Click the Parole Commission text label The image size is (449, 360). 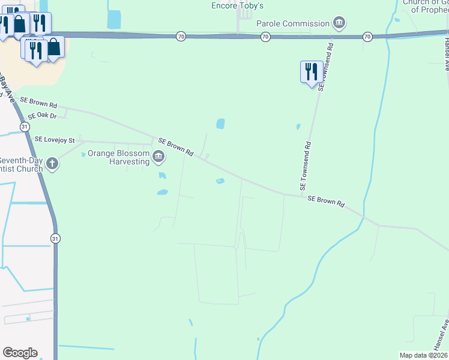[293, 23]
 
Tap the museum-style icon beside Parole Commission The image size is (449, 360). [339, 24]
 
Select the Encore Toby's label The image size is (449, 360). [238, 5]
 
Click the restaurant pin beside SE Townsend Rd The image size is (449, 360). [310, 73]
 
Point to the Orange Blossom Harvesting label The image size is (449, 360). [118, 157]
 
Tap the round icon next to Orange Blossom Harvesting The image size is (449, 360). [159, 157]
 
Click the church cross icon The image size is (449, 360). [53, 163]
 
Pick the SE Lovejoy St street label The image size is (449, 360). [55, 139]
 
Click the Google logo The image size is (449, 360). [20, 353]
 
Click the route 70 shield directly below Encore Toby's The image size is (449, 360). [265, 37]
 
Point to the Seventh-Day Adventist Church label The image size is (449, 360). [22, 164]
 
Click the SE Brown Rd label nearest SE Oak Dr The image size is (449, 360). [38, 103]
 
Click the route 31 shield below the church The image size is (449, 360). [55, 238]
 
